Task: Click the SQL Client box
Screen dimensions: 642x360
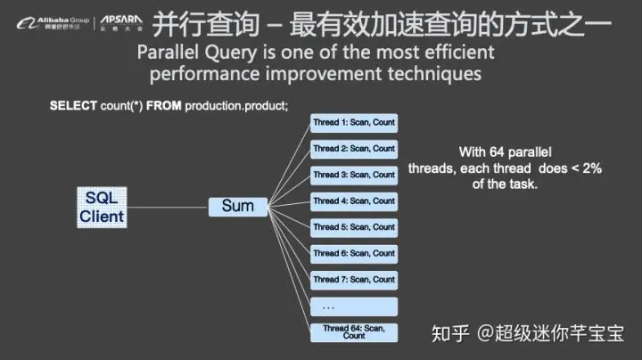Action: tap(103, 207)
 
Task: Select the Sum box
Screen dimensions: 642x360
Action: tap(238, 207)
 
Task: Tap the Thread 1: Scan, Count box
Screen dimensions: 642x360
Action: tap(354, 123)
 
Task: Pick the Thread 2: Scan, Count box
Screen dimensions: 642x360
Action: tap(354, 149)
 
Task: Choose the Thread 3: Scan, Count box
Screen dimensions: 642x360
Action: tap(354, 175)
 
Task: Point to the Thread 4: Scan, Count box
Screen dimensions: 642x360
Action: tap(354, 201)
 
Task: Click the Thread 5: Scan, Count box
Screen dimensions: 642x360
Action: tap(354, 227)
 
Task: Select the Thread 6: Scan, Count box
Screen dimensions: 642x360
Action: tap(354, 253)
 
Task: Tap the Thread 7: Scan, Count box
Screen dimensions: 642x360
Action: tap(354, 280)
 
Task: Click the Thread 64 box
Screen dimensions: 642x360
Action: tap(354, 331)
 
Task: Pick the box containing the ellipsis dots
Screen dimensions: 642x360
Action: tap(354, 306)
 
